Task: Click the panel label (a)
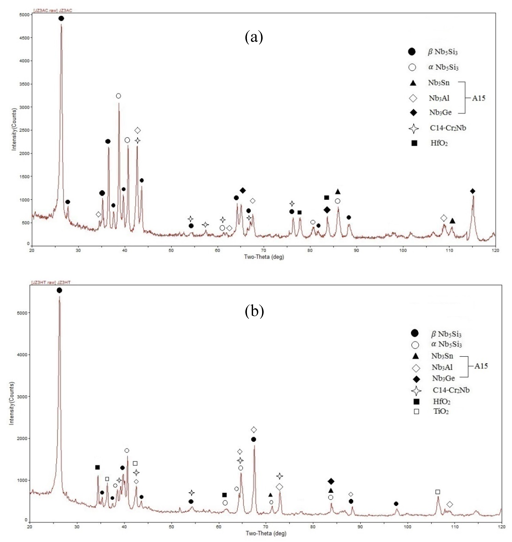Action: click(254, 37)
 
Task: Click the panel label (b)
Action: click(254, 312)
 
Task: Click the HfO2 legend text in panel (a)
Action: click(439, 143)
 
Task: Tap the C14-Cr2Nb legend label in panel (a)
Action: click(448, 128)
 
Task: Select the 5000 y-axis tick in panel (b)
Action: click(22, 313)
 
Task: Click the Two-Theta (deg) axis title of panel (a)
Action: click(264, 257)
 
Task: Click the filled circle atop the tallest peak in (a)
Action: click(61, 18)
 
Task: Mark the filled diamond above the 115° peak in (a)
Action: click(473, 191)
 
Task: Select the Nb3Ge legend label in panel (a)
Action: click(440, 112)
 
